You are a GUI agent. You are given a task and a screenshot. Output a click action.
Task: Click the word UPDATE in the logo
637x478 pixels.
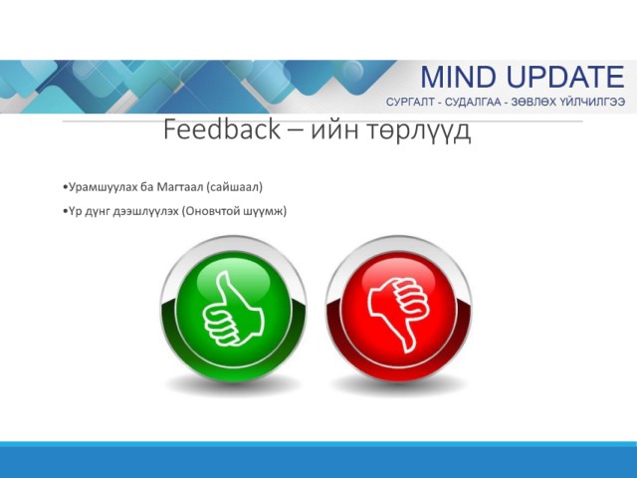[565, 77]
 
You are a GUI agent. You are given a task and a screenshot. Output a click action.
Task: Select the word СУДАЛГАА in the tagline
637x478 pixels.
[473, 102]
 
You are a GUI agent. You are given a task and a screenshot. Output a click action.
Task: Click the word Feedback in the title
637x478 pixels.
[222, 129]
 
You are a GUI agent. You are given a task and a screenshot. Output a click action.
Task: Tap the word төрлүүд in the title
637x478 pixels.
[419, 130]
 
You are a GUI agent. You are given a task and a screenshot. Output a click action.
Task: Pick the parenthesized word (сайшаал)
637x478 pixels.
[235, 187]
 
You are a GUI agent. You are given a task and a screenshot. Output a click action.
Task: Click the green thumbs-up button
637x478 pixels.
[234, 310]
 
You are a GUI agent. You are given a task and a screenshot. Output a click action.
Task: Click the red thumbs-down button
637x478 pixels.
[398, 310]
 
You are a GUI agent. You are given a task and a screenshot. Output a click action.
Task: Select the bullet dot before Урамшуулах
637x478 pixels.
[65, 187]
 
